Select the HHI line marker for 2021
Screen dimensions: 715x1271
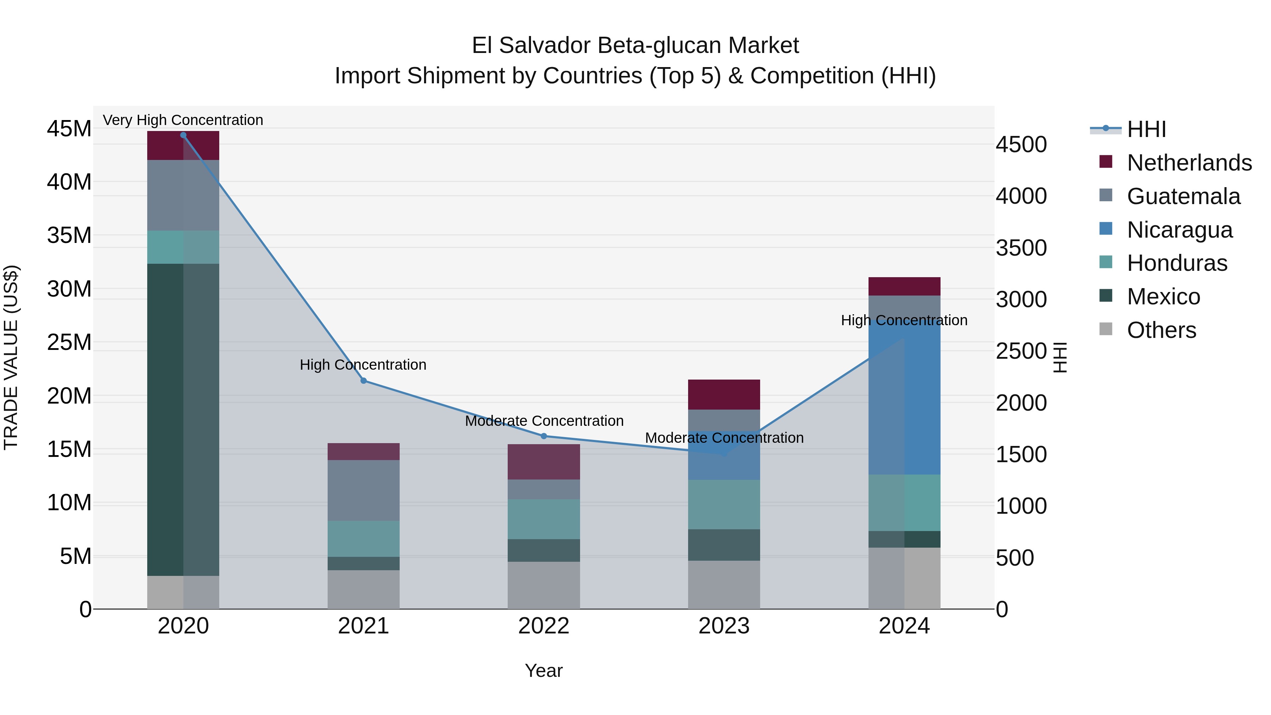pos(363,380)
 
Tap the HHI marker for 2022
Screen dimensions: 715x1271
pos(544,436)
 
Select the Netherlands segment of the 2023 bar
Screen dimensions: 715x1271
pos(724,394)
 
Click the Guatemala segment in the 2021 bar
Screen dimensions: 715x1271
pos(363,490)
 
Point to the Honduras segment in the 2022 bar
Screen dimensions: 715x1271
pos(544,519)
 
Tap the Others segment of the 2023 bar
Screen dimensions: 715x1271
pos(724,584)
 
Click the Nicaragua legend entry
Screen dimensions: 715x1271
pos(1179,230)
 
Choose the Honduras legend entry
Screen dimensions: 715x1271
pos(1177,263)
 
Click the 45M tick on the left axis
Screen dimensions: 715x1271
pos(69,129)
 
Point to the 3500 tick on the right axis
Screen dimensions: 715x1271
pos(1020,248)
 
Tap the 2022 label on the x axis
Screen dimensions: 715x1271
pos(544,626)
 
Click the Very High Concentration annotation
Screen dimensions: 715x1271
pos(183,120)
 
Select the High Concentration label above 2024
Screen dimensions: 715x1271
pos(904,320)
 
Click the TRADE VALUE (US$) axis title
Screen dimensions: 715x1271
pos(11,357)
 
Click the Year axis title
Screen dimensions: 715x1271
pos(544,671)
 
